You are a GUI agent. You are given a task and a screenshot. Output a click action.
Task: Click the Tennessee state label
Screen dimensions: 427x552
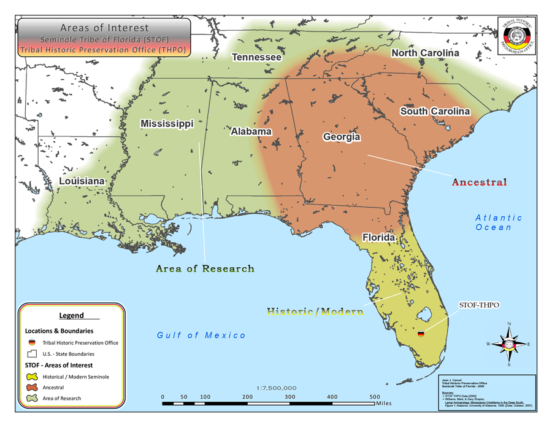coord(256,57)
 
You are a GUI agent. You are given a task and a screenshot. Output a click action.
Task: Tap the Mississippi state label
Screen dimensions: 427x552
coord(167,124)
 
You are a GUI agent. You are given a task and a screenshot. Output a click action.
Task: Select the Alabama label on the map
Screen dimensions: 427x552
coord(251,131)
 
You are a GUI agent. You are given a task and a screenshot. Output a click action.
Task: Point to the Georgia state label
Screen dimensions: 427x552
coord(342,137)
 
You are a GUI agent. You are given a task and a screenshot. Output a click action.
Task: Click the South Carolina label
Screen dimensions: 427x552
coord(435,111)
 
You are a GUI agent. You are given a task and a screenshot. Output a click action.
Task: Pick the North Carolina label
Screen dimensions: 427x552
coord(425,53)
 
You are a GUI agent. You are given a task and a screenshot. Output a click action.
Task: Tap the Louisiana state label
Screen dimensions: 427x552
coord(82,181)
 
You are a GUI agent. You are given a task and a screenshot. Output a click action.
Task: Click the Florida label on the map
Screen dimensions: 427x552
coord(378,237)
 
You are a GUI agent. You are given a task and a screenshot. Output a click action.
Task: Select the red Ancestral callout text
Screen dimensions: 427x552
coord(480,182)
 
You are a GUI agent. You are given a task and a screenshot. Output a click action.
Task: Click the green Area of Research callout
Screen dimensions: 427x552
coord(205,268)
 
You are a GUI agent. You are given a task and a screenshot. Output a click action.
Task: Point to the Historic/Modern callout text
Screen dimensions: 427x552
coord(315,311)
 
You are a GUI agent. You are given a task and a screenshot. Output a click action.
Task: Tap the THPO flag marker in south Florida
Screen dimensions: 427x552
coord(421,334)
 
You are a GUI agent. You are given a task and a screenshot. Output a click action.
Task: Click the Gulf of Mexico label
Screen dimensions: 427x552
coord(201,335)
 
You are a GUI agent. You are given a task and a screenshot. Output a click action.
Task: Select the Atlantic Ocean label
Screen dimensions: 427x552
coord(499,222)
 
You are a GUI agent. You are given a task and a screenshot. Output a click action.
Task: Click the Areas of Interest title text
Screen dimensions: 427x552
coord(104,28)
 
